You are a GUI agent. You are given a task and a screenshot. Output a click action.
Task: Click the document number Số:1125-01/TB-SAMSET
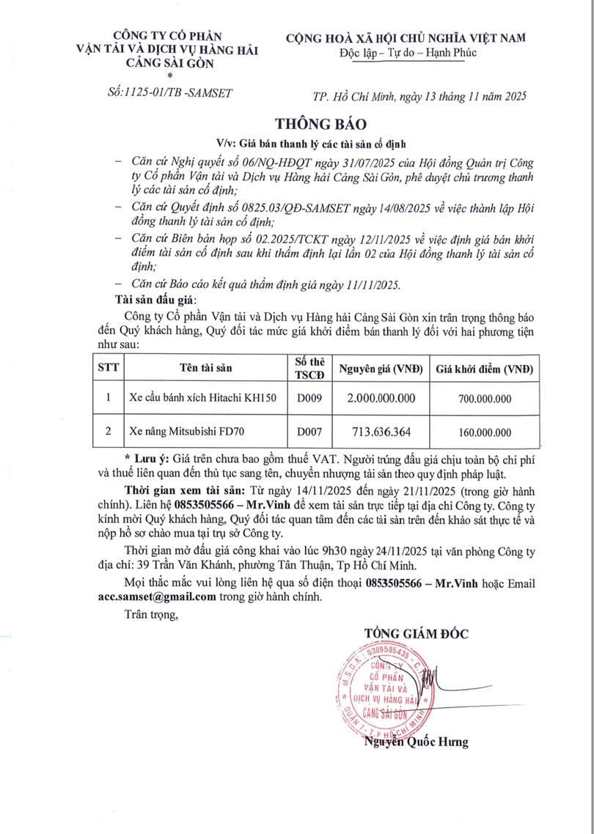[169, 92]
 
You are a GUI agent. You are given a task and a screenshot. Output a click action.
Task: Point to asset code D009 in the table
[309, 397]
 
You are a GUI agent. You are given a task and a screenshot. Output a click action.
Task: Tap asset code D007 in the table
[309, 432]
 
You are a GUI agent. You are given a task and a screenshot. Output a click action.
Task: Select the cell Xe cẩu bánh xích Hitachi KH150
[202, 397]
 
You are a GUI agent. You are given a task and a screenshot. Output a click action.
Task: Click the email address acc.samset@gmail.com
[157, 597]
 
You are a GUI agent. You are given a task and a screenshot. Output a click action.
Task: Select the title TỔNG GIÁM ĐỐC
[416, 633]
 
